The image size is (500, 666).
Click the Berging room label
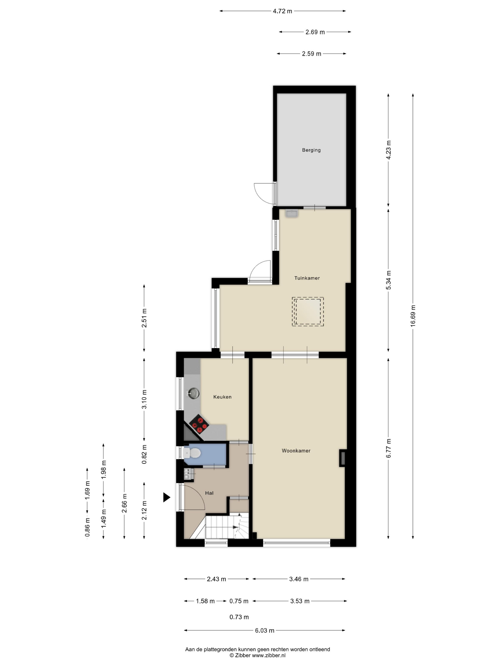311,150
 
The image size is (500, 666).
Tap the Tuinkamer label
307,278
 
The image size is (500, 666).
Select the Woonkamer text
296,451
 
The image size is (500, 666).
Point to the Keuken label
222,397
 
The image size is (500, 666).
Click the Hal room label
209,493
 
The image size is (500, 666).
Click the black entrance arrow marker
167,497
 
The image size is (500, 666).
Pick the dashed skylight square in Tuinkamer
307,312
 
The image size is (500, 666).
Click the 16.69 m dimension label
413,316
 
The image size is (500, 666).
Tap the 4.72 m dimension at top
282,11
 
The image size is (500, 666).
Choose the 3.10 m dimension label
144,399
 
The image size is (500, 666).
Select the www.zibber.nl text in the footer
269,655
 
